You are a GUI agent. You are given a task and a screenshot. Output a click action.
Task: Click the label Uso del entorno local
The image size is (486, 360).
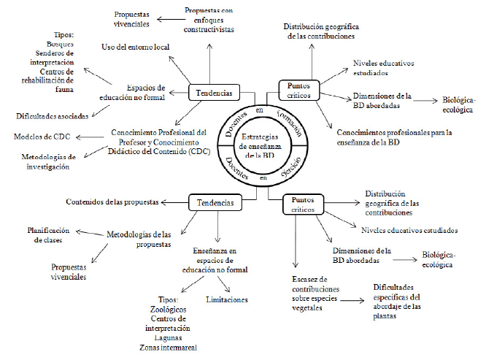click(x=134, y=47)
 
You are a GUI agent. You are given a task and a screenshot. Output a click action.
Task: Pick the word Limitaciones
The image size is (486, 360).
click(x=227, y=299)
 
